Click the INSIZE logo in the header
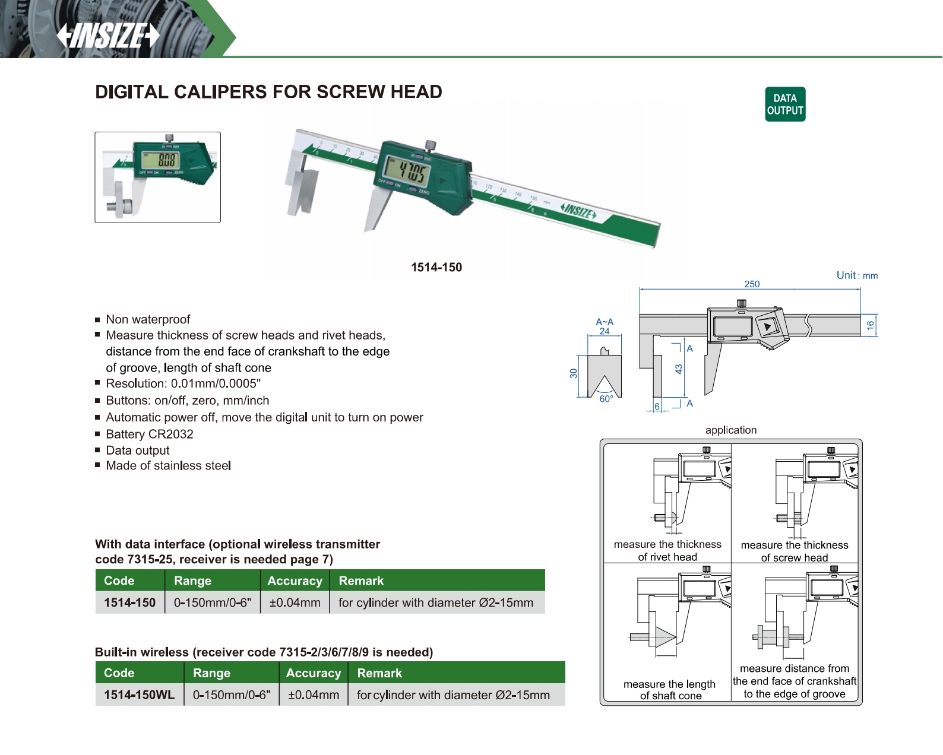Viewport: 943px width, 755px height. point(108,36)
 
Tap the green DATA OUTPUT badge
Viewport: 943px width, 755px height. point(785,104)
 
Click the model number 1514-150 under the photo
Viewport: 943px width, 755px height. point(436,268)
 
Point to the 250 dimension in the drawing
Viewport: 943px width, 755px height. point(752,284)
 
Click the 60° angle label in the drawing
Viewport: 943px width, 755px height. point(606,399)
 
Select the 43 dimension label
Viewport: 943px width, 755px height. point(679,369)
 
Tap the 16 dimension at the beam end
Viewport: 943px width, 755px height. point(871,325)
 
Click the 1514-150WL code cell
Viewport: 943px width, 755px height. point(140,695)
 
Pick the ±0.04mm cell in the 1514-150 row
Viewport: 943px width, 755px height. point(295,603)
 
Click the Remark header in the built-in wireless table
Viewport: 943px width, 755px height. point(379,673)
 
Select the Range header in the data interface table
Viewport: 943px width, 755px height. point(192,581)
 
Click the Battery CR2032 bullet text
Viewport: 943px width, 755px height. point(150,434)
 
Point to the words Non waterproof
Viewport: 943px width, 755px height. point(148,319)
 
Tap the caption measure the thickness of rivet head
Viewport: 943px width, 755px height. point(667,551)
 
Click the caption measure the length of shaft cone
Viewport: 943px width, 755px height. point(670,690)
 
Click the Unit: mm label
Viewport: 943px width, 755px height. point(857,275)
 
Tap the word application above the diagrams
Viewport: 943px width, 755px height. point(731,430)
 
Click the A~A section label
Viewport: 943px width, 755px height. point(605,322)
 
